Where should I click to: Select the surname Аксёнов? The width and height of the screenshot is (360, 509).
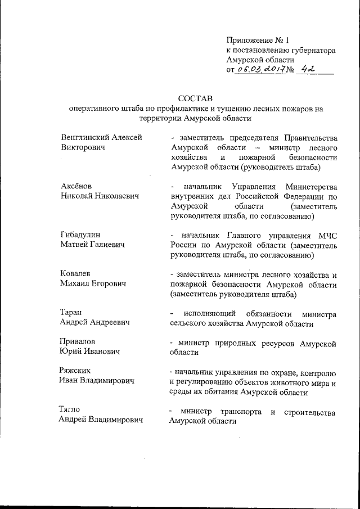point(76,186)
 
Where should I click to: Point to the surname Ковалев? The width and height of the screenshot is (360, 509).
point(75,273)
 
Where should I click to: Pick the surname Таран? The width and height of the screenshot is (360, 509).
point(71,312)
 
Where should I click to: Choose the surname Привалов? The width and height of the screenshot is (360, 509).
point(78,341)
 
